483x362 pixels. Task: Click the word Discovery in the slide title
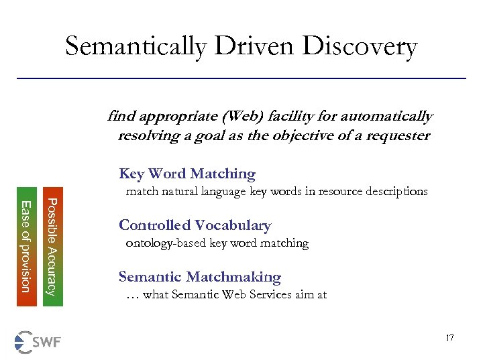(x=360, y=47)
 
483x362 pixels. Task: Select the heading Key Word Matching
(x=187, y=174)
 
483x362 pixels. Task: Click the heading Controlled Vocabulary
(x=195, y=225)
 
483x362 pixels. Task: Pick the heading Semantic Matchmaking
(x=199, y=277)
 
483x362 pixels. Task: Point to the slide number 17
(x=449, y=338)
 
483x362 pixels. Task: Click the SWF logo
(x=38, y=342)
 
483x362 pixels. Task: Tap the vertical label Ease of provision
(x=26, y=246)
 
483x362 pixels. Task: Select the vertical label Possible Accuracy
(x=53, y=246)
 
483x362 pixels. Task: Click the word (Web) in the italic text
(x=231, y=117)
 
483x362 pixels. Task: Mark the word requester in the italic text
(x=400, y=135)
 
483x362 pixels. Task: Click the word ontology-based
(x=166, y=243)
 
